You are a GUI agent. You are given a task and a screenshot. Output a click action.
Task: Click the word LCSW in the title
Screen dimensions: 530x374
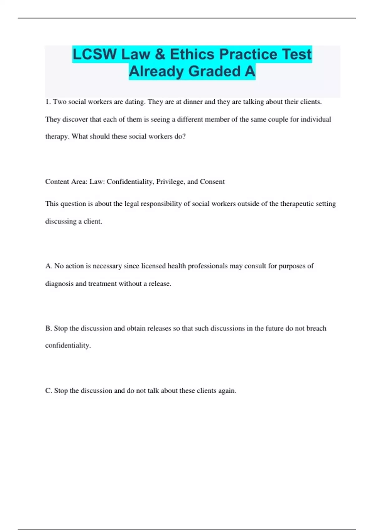[94, 55]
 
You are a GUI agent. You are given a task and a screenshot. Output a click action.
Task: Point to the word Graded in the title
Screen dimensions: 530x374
[214, 71]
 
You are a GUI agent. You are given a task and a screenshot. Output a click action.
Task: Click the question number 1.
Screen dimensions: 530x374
[48, 102]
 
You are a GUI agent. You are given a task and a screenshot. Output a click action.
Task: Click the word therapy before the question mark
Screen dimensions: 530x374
[57, 137]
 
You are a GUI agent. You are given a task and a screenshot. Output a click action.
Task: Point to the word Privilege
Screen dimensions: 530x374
[170, 182]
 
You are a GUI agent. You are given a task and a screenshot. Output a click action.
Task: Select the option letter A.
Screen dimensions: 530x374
[48, 266]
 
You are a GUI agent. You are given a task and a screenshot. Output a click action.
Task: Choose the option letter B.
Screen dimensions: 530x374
[48, 328]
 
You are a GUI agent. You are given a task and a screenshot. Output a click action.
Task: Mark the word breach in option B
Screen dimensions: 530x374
[316, 328]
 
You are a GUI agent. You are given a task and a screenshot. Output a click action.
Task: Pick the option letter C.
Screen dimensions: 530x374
[48, 391]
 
